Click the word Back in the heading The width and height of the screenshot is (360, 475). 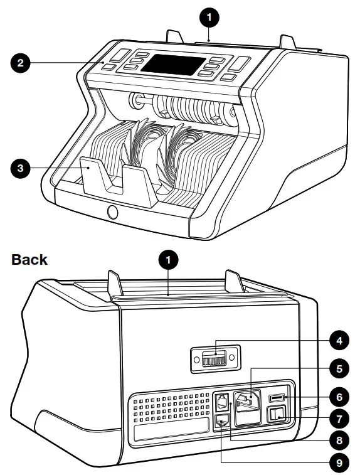click(29, 259)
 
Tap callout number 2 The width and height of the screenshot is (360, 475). click(21, 63)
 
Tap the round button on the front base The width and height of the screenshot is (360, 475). click(113, 212)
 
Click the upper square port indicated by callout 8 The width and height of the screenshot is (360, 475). click(222, 401)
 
